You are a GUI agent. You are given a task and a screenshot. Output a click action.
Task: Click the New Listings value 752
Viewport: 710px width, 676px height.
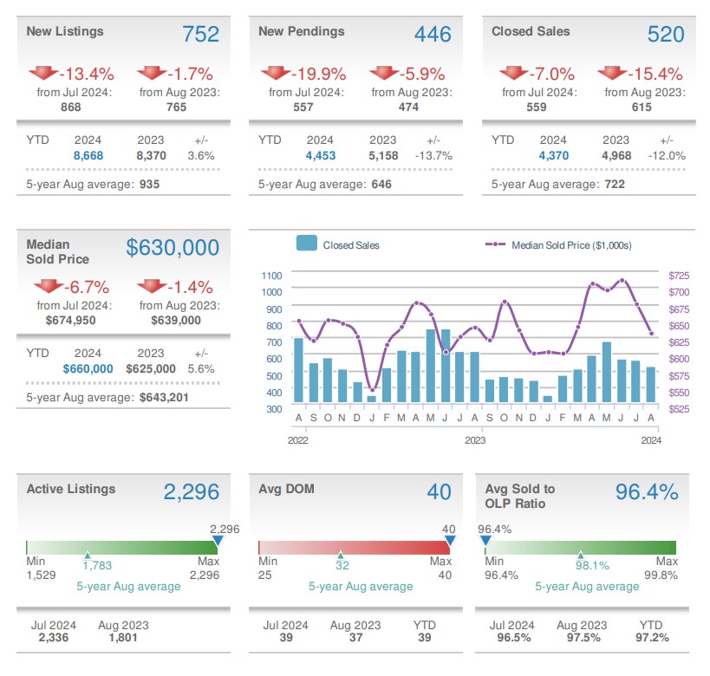pos(200,34)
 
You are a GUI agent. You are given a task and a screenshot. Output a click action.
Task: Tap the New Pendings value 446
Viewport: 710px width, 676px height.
pos(433,34)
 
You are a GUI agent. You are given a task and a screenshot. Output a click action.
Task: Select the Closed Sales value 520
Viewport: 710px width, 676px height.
pos(666,34)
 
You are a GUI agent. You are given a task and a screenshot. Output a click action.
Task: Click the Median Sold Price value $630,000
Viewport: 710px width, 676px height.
pos(173,248)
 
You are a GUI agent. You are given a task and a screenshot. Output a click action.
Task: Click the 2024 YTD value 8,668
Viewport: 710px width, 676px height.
pos(88,155)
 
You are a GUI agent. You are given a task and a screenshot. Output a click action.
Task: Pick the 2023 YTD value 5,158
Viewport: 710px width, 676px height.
pos(382,155)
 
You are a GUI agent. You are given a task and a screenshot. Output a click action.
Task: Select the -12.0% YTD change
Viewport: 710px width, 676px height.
pos(667,155)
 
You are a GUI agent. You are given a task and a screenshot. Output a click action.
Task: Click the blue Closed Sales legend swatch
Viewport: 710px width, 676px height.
pos(306,244)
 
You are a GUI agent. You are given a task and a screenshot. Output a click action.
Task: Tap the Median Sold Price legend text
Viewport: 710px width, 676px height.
pos(571,245)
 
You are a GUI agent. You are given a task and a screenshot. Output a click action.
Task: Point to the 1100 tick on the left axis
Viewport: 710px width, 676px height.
pos(272,275)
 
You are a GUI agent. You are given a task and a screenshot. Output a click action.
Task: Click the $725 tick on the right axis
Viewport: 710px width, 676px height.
pos(679,275)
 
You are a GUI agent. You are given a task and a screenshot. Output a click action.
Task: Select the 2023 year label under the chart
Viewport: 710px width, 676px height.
pos(474,440)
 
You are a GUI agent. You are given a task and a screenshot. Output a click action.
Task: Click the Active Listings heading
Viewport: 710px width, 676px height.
pos(71,489)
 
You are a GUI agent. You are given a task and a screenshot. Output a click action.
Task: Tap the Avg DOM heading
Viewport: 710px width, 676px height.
pos(286,489)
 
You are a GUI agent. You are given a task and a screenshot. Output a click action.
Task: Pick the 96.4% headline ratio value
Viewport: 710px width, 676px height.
pos(646,492)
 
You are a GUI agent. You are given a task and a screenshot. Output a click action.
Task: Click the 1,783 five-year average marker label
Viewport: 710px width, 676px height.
pos(97,566)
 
